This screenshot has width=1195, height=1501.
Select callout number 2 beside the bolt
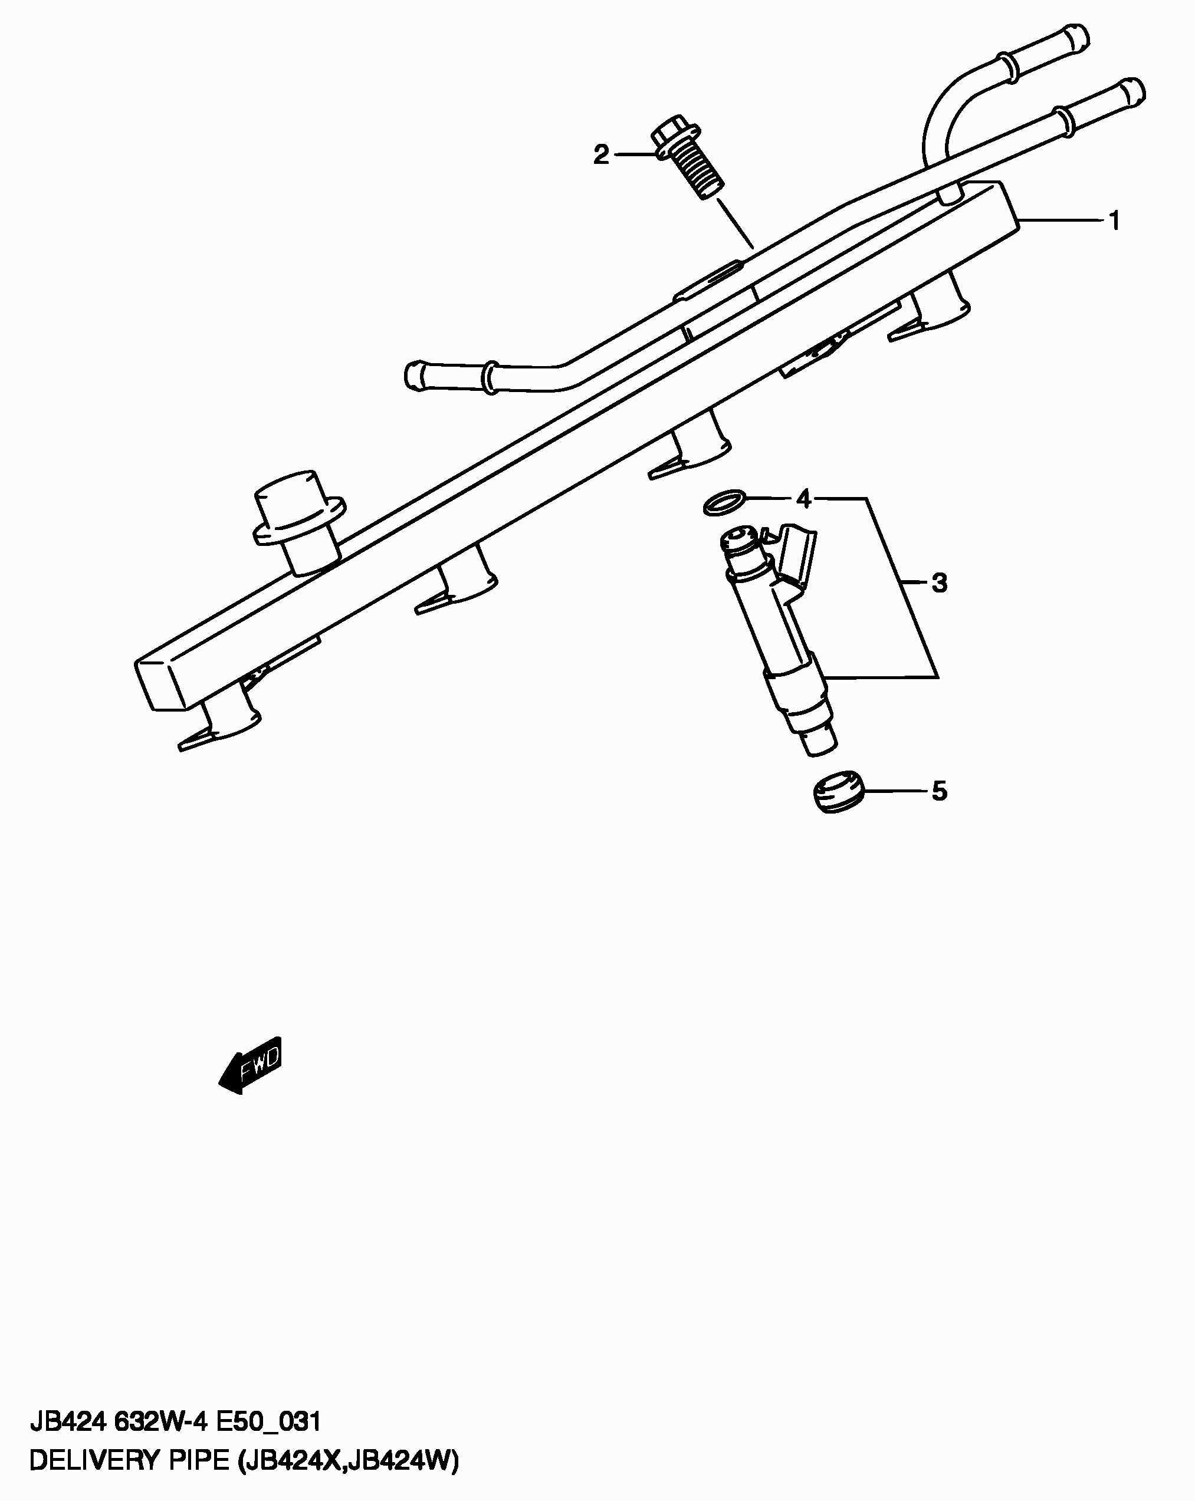pyautogui.click(x=601, y=154)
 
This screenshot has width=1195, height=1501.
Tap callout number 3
pyautogui.click(x=940, y=582)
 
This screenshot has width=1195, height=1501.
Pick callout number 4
pyautogui.click(x=803, y=499)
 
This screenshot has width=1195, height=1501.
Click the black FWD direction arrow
pyautogui.click(x=251, y=1065)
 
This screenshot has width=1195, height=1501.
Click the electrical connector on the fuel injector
pyautogui.click(x=798, y=554)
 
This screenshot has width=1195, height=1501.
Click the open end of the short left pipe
pyautogui.click(x=412, y=374)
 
